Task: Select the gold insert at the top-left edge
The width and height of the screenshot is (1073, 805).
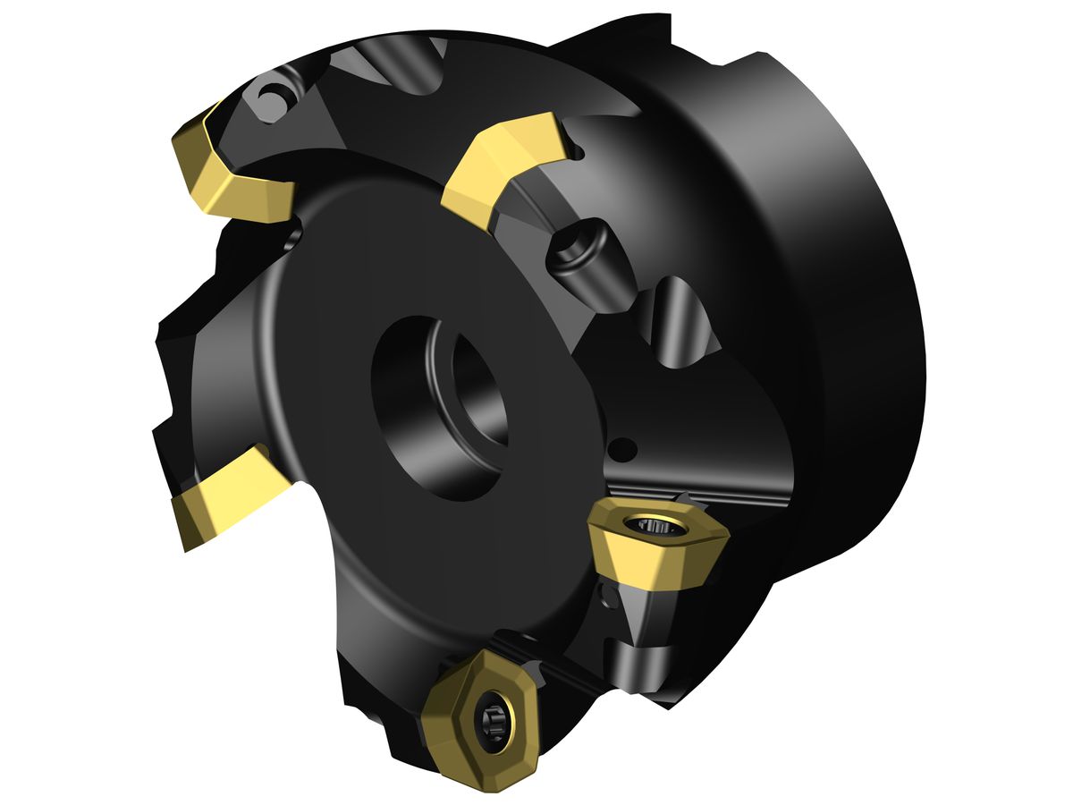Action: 232,170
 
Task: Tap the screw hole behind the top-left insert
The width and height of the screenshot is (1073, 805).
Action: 267,95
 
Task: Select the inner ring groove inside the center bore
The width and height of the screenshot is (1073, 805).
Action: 483,394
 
